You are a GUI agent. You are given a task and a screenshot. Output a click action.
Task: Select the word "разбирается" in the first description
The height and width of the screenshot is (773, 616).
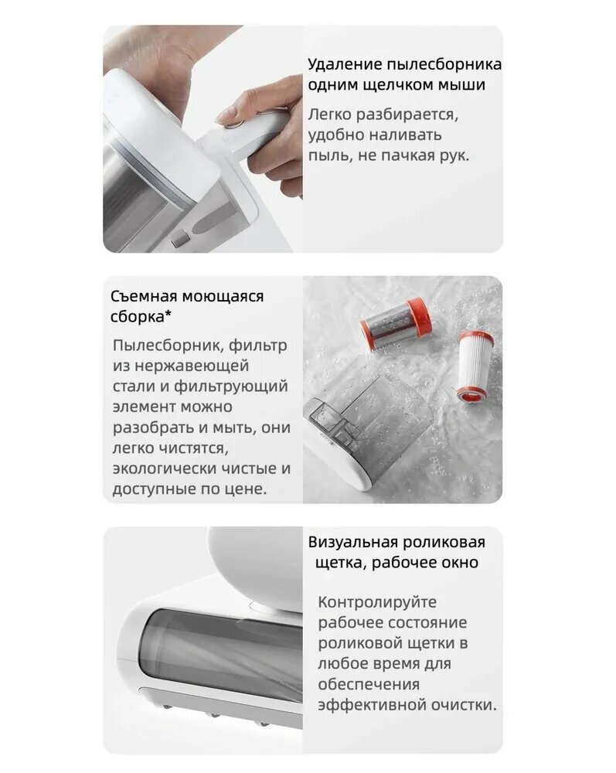click(x=406, y=115)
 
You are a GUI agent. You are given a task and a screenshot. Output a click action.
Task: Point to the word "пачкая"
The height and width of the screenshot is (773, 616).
click(x=399, y=155)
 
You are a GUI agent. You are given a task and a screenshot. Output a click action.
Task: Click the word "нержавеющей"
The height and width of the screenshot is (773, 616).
click(x=192, y=366)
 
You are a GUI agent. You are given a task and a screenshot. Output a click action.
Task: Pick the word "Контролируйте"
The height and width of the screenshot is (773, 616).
click(x=377, y=602)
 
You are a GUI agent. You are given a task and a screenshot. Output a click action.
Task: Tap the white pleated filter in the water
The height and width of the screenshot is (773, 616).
click(x=477, y=365)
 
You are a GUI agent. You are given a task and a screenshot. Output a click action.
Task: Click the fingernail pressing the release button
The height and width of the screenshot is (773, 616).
click(x=225, y=116)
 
